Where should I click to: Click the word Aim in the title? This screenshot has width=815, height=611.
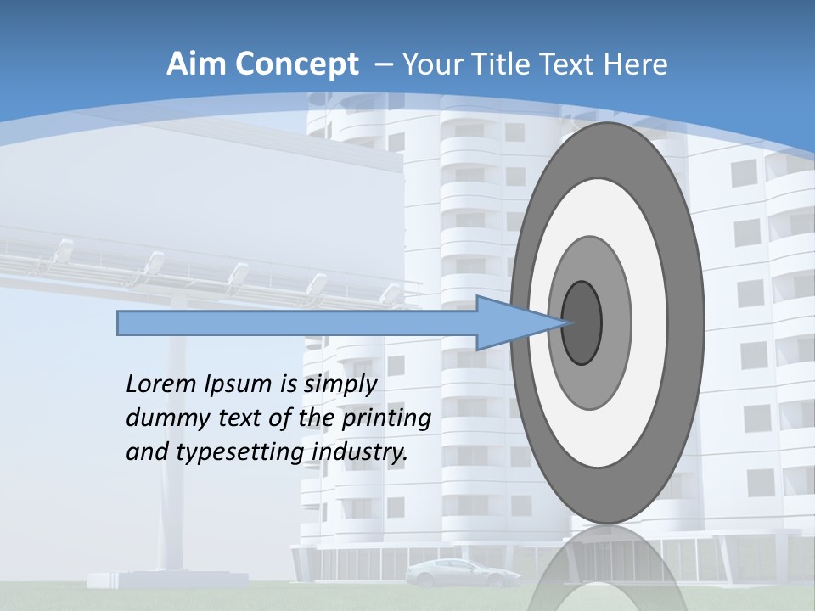point(194,64)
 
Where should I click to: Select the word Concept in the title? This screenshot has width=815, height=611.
point(296,65)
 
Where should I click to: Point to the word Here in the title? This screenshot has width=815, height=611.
point(637,64)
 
